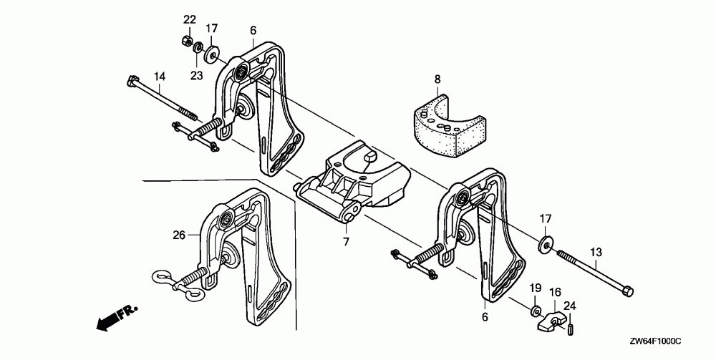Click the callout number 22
point(189,19)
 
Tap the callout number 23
point(196,74)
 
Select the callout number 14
point(159,76)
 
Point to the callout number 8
point(437,79)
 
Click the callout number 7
point(346,242)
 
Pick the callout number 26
point(179,233)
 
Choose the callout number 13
point(596,251)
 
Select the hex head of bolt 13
point(626,291)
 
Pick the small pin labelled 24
point(573,329)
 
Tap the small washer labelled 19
point(535,311)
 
